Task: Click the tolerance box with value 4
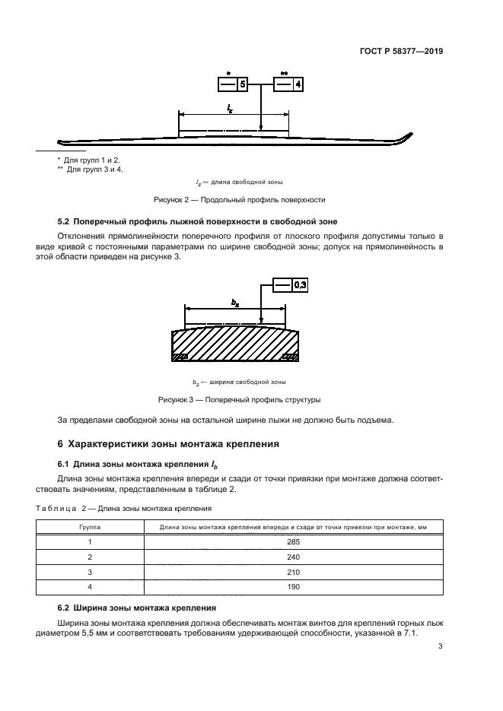click(x=288, y=84)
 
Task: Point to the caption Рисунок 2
click(x=239, y=200)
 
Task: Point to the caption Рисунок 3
click(x=239, y=399)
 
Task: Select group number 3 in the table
click(x=90, y=571)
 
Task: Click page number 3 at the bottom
click(x=440, y=647)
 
